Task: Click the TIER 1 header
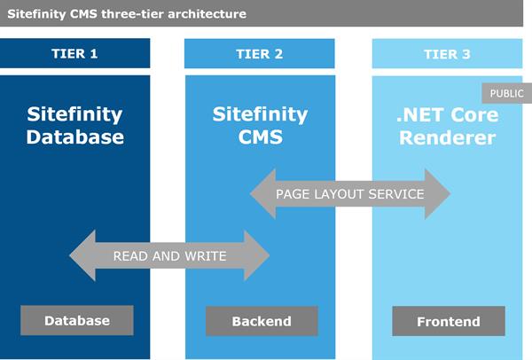75,54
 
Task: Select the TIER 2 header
260,54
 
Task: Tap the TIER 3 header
447,54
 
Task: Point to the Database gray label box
77,321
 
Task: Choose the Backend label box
262,321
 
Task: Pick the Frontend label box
448,321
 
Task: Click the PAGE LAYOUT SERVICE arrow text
349,194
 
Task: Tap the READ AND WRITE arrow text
169,256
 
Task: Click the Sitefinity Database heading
75,126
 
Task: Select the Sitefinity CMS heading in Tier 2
260,126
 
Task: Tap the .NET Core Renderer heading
447,126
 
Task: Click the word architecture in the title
203,14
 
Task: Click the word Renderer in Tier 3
447,138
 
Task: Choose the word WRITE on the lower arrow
204,256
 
